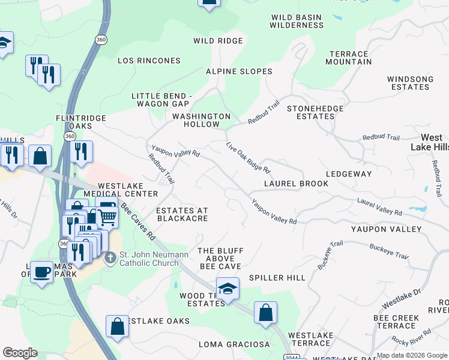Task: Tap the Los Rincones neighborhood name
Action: click(x=149, y=61)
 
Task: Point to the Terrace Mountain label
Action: click(x=349, y=58)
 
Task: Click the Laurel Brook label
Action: click(x=297, y=184)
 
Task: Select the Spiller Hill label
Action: click(x=277, y=278)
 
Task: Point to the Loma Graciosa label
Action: click(x=235, y=344)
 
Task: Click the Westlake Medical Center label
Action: click(x=120, y=190)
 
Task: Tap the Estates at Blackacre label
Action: click(x=182, y=214)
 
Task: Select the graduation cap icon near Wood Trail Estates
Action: click(x=228, y=289)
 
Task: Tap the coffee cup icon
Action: click(x=41, y=272)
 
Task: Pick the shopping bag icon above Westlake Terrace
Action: click(x=265, y=313)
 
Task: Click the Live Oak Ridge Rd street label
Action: click(x=249, y=157)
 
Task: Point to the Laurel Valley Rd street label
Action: click(x=379, y=208)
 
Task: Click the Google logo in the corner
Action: click(x=20, y=353)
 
